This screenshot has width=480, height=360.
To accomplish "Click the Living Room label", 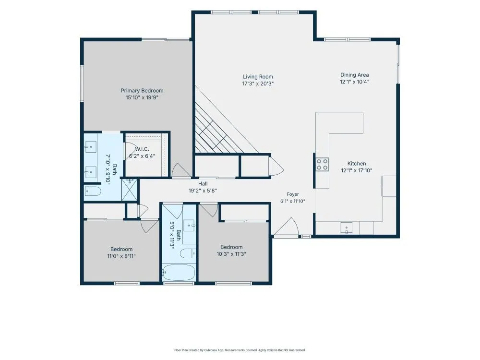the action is (258, 77).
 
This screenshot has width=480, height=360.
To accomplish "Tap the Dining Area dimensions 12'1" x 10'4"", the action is (355, 82).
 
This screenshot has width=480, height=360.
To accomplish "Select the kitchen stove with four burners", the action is (323, 164).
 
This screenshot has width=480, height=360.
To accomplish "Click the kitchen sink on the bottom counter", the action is (346, 228).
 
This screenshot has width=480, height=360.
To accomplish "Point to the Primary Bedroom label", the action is (142, 91).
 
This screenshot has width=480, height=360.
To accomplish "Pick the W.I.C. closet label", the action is (142, 149).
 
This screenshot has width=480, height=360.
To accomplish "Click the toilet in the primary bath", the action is (93, 192).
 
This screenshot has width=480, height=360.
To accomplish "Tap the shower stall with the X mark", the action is (130, 190).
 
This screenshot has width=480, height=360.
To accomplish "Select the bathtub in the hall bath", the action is (178, 272).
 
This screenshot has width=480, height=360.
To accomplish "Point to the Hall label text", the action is (203, 184).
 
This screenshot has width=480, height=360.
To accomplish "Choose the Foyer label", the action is (293, 194).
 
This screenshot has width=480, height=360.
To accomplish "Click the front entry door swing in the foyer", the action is (286, 227).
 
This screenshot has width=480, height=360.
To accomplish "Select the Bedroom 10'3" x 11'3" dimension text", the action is (231, 254).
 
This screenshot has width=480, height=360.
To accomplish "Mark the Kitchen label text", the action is (357, 164).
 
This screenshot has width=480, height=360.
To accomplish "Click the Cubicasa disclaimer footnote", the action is (240, 350).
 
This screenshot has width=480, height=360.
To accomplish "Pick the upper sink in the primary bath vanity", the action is (91, 147).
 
